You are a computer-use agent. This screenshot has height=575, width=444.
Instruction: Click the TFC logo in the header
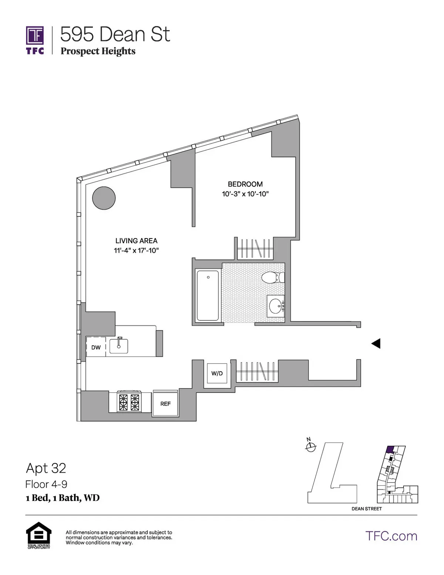click(x=35, y=40)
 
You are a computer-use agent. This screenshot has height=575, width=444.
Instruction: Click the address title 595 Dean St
click(x=115, y=34)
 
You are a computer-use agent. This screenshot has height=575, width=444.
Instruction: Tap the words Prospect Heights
click(x=98, y=51)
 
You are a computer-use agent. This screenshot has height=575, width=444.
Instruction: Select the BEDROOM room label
click(x=245, y=184)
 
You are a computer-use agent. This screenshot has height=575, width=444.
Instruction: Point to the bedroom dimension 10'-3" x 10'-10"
click(x=245, y=194)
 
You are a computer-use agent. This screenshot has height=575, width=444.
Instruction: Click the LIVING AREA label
click(x=136, y=241)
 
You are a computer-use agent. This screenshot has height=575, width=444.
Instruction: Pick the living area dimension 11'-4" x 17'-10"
click(x=136, y=250)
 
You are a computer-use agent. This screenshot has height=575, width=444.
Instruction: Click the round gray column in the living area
click(x=104, y=198)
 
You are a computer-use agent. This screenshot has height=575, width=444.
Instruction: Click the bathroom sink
click(x=276, y=306)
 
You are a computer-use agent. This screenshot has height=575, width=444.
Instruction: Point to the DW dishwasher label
click(x=96, y=347)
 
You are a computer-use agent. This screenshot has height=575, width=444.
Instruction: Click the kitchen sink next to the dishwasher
click(x=119, y=345)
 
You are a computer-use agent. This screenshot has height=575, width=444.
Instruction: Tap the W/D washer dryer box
click(x=217, y=373)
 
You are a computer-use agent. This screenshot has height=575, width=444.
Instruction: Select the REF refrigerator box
click(x=165, y=404)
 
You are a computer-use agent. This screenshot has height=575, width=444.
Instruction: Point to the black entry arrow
click(x=376, y=344)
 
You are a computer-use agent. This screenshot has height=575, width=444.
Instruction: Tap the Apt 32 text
click(x=46, y=468)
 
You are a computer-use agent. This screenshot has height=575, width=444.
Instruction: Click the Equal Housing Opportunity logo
click(x=38, y=535)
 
